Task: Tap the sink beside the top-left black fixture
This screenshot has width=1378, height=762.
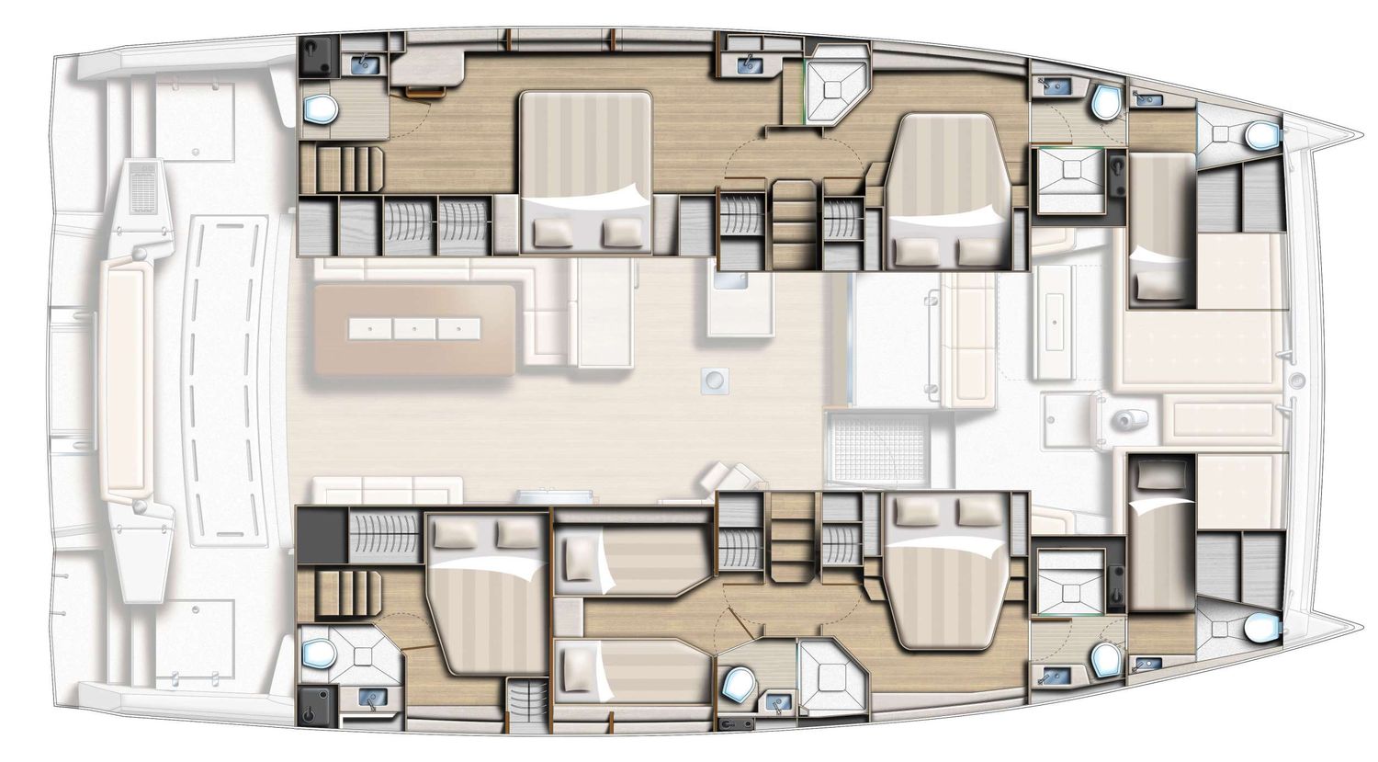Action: pyautogui.click(x=367, y=63)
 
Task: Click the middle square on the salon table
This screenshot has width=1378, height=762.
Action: pyautogui.click(x=412, y=327)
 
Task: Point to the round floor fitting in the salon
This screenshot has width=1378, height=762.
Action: pyautogui.click(x=712, y=378)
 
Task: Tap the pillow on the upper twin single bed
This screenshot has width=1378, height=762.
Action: pyautogui.click(x=581, y=558)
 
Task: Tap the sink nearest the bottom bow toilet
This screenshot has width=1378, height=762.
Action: pyautogui.click(x=1146, y=663)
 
